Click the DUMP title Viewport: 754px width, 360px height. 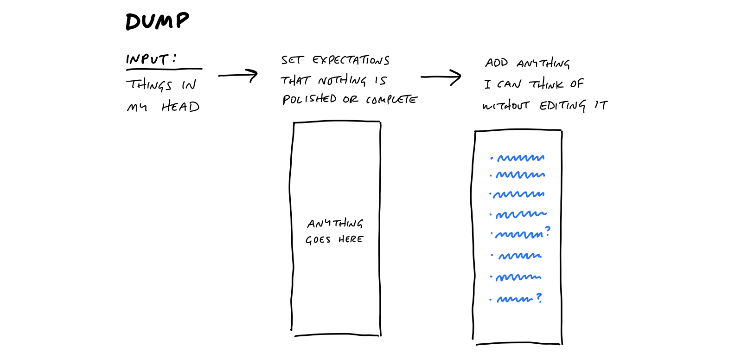click(157, 21)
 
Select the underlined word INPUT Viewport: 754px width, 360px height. click(147, 59)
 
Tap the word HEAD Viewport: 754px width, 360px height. click(180, 107)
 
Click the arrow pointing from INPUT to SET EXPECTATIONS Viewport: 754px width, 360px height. click(238, 75)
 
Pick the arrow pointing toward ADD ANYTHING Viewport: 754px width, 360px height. click(441, 77)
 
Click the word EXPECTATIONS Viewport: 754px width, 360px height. click(351, 60)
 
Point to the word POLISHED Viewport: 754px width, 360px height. click(309, 99)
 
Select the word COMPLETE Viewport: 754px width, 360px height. click(391, 100)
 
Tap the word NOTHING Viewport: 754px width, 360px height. click(342, 81)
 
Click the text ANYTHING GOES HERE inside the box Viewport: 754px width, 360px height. click(334, 231)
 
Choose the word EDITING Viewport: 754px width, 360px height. click(562, 106)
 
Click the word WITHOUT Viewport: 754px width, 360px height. click(505, 106)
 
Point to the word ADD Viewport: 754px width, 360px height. click(497, 63)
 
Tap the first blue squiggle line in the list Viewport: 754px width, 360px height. click(521, 158)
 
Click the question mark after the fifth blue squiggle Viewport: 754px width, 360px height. click(548, 231)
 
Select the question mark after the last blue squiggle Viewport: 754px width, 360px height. click(539, 297)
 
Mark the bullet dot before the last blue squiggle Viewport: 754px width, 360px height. click(490, 300)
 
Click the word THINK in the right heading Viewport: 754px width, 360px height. click(547, 84)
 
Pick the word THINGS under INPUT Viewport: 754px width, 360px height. click(149, 85)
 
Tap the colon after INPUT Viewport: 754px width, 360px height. click(174, 58)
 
